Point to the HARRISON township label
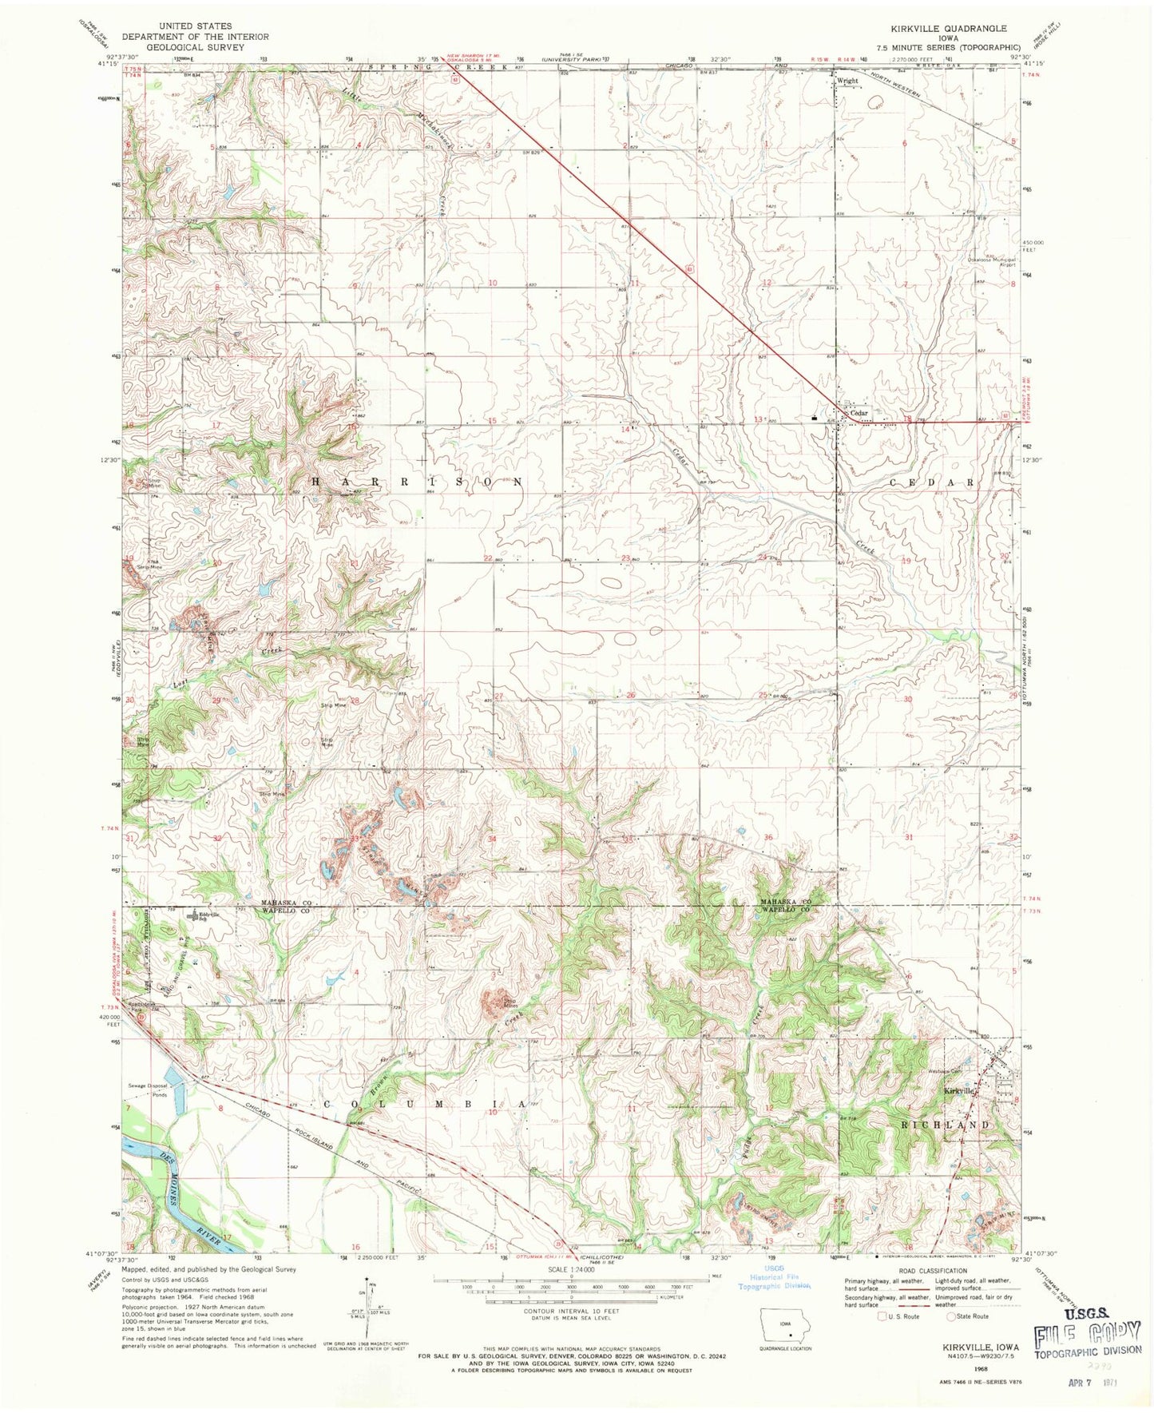pos(415,482)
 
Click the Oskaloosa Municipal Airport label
pos(985,263)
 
